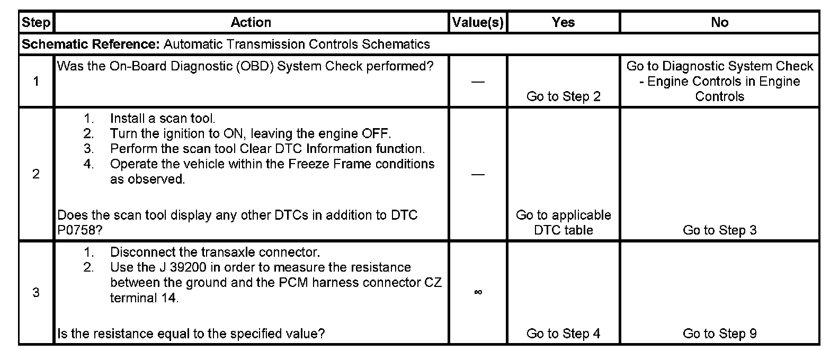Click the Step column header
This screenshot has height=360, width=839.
point(36,22)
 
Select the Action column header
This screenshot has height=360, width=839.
point(251,22)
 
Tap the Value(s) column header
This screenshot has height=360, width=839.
point(477,22)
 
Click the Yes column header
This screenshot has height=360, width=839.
point(563,22)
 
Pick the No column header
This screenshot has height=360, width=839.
point(719,22)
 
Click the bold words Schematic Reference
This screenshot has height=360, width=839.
point(90,44)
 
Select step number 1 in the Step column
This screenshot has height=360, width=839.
point(36,82)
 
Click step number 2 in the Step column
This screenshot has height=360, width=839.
point(36,174)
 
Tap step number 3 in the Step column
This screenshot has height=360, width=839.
point(36,292)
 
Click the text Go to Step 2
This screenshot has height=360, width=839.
point(563,96)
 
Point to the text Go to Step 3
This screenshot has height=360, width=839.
point(719,230)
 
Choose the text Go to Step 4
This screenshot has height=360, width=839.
point(563,334)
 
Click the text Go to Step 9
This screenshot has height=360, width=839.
point(719,334)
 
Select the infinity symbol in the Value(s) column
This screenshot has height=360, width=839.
point(478,292)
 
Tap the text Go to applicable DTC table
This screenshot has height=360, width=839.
point(563,222)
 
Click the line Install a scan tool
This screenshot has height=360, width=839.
point(162,119)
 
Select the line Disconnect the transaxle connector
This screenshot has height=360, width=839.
point(215,252)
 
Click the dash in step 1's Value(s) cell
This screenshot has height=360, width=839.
point(478,82)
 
